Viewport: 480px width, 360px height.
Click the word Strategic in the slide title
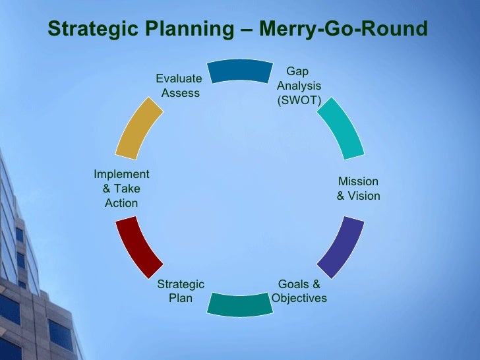(x=92, y=30)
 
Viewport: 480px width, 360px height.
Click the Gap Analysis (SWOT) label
(x=299, y=86)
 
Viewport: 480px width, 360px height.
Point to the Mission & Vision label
(x=358, y=189)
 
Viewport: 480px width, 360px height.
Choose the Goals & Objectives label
(x=299, y=291)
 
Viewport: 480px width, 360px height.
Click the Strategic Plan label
(x=181, y=291)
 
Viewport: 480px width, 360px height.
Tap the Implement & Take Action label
(x=121, y=189)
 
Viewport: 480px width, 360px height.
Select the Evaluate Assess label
(x=179, y=86)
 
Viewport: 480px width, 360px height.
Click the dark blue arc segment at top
(x=240, y=71)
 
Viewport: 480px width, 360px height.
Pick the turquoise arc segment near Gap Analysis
(x=340, y=127)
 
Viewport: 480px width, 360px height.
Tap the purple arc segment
(x=341, y=247)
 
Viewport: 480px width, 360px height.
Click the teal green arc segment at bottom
(x=240, y=304)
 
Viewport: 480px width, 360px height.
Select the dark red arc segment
(x=138, y=248)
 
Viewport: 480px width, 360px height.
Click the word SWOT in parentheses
(x=299, y=101)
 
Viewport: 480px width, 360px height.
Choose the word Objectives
(x=299, y=298)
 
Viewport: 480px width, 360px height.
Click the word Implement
(x=121, y=174)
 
